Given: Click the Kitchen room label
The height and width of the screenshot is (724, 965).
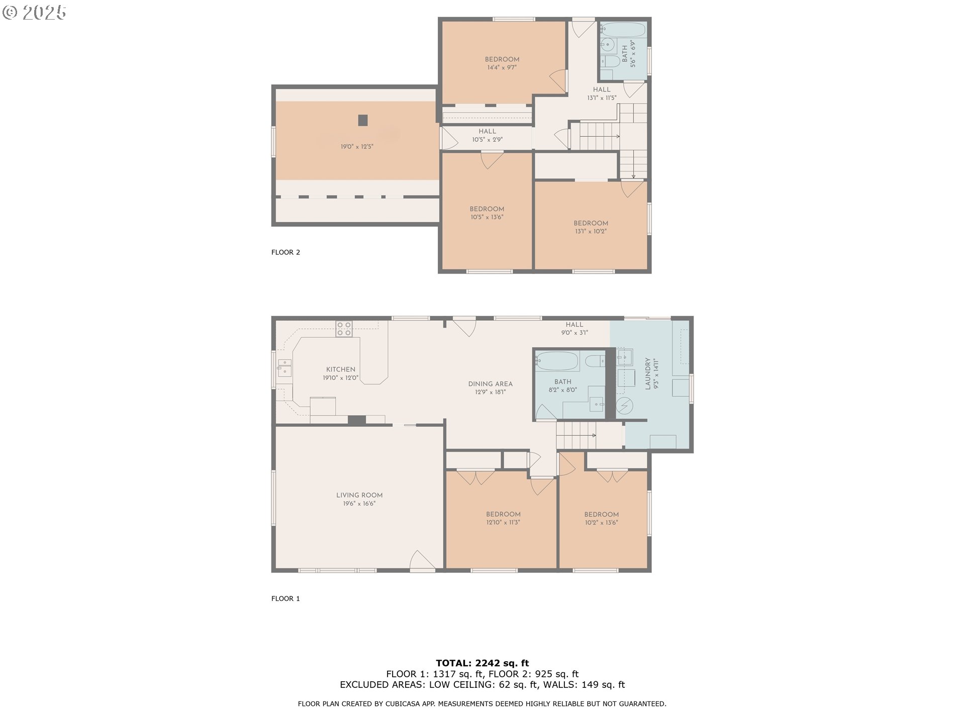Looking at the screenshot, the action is (341, 370).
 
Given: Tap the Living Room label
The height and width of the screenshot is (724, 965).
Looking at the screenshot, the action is (359, 495).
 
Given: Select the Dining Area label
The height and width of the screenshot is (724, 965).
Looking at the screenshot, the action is (490, 384).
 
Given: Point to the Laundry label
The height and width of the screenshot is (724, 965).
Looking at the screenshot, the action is (648, 374).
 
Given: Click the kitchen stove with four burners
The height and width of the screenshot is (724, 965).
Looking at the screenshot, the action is (344, 329).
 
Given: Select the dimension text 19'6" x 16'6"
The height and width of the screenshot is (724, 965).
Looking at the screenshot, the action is (359, 504).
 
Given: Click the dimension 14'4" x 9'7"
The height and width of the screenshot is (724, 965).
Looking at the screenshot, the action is (502, 67).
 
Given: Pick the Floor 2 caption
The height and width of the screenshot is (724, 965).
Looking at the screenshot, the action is (285, 252).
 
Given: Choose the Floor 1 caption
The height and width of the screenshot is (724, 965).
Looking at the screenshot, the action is (285, 598).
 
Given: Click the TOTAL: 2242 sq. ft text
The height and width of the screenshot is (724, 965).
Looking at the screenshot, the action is (482, 663).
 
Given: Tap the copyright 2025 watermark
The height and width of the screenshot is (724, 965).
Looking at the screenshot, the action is (34, 13).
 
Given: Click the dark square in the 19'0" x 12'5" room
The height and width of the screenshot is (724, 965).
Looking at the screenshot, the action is (363, 120).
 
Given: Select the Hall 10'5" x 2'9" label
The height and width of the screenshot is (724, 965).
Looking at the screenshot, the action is (487, 136).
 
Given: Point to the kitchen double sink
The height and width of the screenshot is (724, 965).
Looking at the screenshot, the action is (284, 368).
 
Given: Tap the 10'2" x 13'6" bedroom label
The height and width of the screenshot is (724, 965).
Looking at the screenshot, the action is (601, 518).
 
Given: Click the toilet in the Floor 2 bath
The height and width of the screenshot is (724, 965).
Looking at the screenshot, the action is (610, 62).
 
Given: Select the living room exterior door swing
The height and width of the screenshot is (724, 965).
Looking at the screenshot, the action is (423, 561).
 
